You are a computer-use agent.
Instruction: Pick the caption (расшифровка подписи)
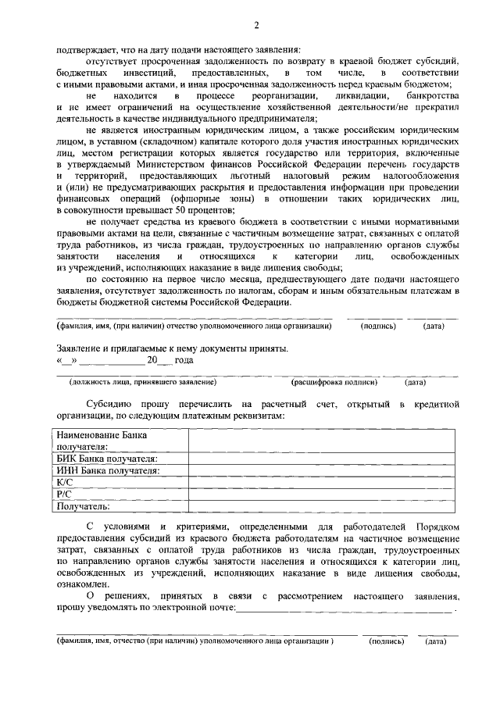(334, 383)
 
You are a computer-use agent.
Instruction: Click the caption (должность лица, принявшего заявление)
(141, 383)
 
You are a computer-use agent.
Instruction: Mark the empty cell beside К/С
(322, 483)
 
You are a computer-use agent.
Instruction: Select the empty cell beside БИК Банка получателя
(322, 459)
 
